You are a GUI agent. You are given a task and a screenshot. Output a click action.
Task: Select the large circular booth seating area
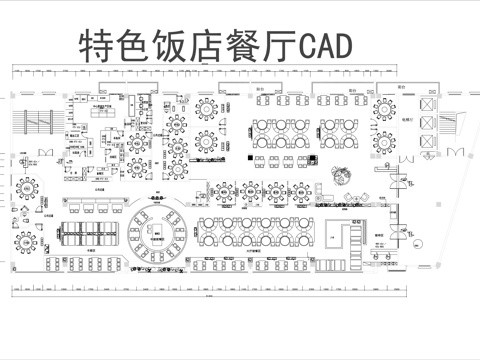(x=158, y=233)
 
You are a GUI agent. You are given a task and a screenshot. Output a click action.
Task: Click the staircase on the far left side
(x=37, y=119)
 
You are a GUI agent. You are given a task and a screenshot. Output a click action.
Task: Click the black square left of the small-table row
(x=249, y=158)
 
